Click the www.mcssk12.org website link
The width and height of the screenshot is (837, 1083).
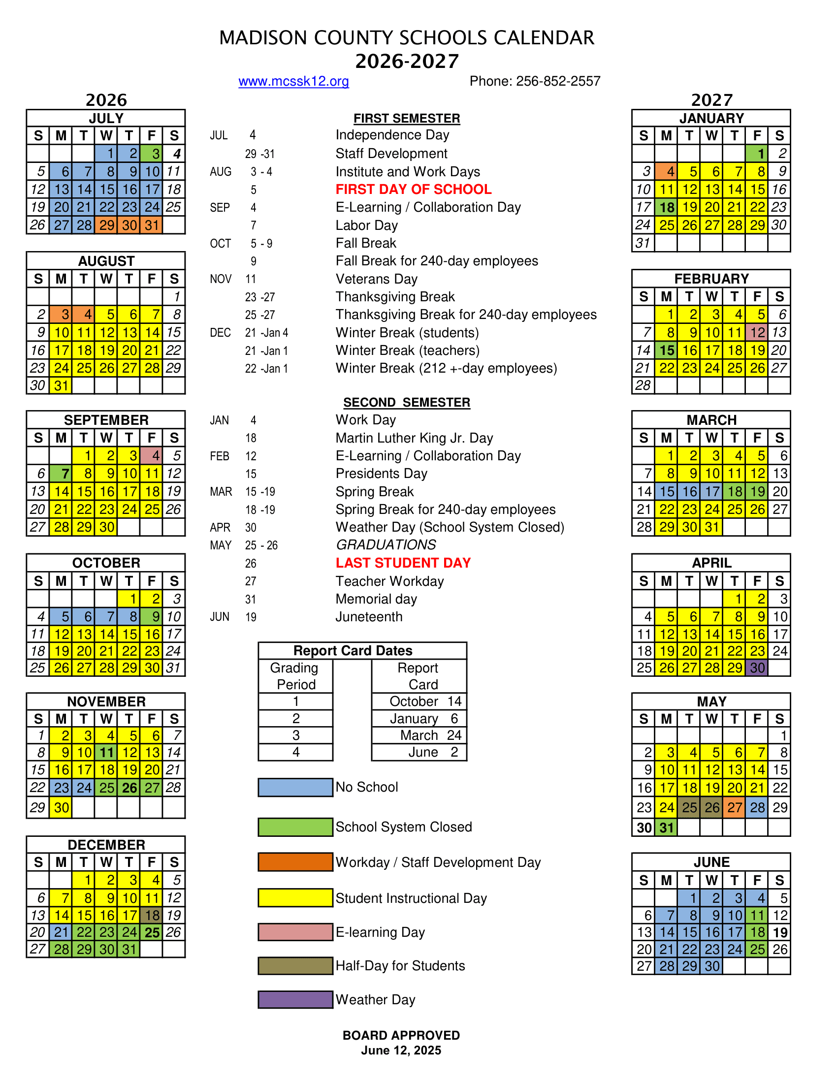point(293,81)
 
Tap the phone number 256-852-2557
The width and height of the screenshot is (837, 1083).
point(558,81)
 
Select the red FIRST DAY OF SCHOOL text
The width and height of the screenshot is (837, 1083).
point(414,190)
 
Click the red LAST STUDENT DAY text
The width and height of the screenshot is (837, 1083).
point(403,563)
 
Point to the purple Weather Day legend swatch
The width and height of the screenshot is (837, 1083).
point(295,999)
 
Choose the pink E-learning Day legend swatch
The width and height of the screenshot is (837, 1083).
point(295,932)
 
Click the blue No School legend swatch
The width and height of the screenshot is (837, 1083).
point(295,787)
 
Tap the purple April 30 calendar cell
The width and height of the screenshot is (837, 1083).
point(757,668)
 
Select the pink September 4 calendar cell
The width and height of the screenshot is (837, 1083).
point(151,455)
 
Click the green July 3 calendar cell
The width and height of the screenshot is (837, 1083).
point(151,154)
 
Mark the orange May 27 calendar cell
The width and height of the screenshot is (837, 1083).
point(735,807)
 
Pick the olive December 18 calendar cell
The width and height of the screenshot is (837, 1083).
point(151,915)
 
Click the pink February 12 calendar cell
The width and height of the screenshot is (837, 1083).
point(757,332)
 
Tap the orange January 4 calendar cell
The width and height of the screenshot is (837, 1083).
point(666,172)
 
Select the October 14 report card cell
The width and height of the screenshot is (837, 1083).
point(419,701)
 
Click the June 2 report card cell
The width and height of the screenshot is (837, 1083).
point(419,752)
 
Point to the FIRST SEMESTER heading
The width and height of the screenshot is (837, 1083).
point(407,119)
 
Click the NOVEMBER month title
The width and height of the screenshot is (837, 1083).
point(106,701)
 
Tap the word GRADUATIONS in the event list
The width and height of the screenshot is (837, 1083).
point(386,545)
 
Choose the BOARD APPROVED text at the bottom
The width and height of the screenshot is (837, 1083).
point(401,1035)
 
